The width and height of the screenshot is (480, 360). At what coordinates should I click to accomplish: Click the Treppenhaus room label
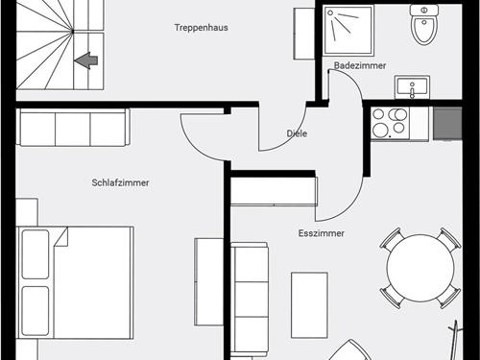pyautogui.click(x=202, y=28)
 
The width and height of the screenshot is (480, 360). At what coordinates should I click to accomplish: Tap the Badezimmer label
pyautogui.click(x=360, y=65)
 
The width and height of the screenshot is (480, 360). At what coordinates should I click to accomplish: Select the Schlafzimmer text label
pyautogui.click(x=120, y=182)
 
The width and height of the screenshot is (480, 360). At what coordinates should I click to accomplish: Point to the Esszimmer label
pyautogui.click(x=322, y=233)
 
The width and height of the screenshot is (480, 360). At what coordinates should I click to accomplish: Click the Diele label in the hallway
pyautogui.click(x=297, y=133)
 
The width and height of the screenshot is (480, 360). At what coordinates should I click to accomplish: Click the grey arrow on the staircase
pyautogui.click(x=85, y=60)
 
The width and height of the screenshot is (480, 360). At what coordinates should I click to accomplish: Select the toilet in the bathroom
pyautogui.click(x=424, y=24)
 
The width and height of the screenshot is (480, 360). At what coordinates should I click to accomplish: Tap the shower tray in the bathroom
pyautogui.click(x=348, y=31)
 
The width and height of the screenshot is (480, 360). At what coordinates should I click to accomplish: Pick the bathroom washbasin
pyautogui.click(x=412, y=87)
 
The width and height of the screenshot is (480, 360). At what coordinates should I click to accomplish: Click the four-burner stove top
pyautogui.click(x=391, y=124)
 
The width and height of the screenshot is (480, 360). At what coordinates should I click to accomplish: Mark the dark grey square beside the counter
pyautogui.click(x=447, y=123)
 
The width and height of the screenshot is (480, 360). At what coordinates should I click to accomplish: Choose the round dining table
pyautogui.click(x=420, y=268)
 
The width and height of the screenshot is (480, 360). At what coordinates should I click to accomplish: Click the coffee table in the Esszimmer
pyautogui.click(x=309, y=305)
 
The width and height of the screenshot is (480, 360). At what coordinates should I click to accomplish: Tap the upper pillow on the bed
pyautogui.click(x=36, y=254)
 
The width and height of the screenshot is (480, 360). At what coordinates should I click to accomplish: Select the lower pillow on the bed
pyautogui.click(x=36, y=311)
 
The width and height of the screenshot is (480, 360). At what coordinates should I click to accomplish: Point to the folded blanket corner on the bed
pyautogui.click(x=61, y=236)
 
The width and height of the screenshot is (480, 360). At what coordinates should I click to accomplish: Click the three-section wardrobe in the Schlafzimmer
pyautogui.click(x=73, y=128)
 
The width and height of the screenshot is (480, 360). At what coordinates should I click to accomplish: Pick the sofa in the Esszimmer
pyautogui.click(x=250, y=300)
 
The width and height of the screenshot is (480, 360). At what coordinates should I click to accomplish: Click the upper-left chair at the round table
pyautogui.click(x=391, y=239)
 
